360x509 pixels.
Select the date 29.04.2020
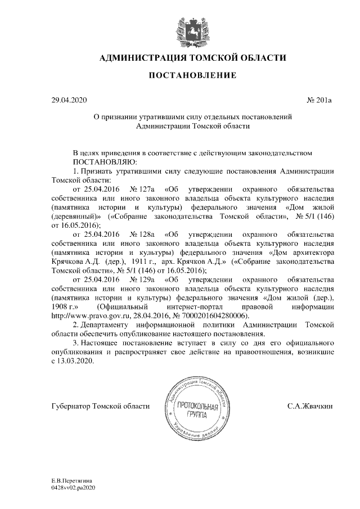pos(69,101)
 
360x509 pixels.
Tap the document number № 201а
pos(319,101)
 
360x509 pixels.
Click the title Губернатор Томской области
pos(100,406)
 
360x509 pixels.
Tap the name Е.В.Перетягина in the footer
pos(71,482)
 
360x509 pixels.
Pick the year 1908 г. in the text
pos(64,307)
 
